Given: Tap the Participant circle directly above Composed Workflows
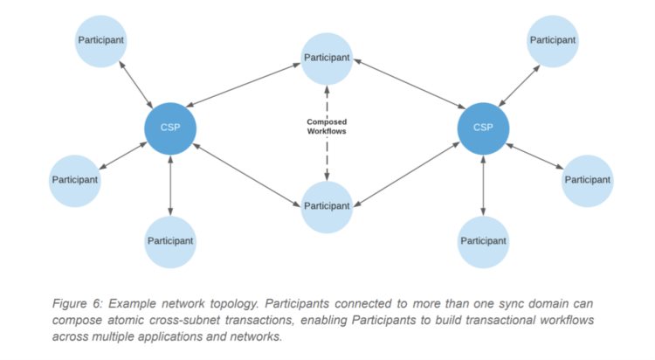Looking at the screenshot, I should tap(327, 59).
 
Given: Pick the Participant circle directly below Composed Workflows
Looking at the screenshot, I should tap(327, 206).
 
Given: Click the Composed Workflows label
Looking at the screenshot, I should tap(327, 126).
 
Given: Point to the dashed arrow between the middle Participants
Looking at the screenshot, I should tap(327, 157).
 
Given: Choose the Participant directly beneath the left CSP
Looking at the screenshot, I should tap(170, 240).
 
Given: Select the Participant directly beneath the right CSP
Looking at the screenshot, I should tap(483, 240).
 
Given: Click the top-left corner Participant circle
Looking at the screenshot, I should tap(101, 40).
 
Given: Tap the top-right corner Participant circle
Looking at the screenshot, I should tap(554, 40).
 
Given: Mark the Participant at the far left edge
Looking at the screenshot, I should tap(73, 179).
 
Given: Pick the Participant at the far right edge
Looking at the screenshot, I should tap(585, 179).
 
